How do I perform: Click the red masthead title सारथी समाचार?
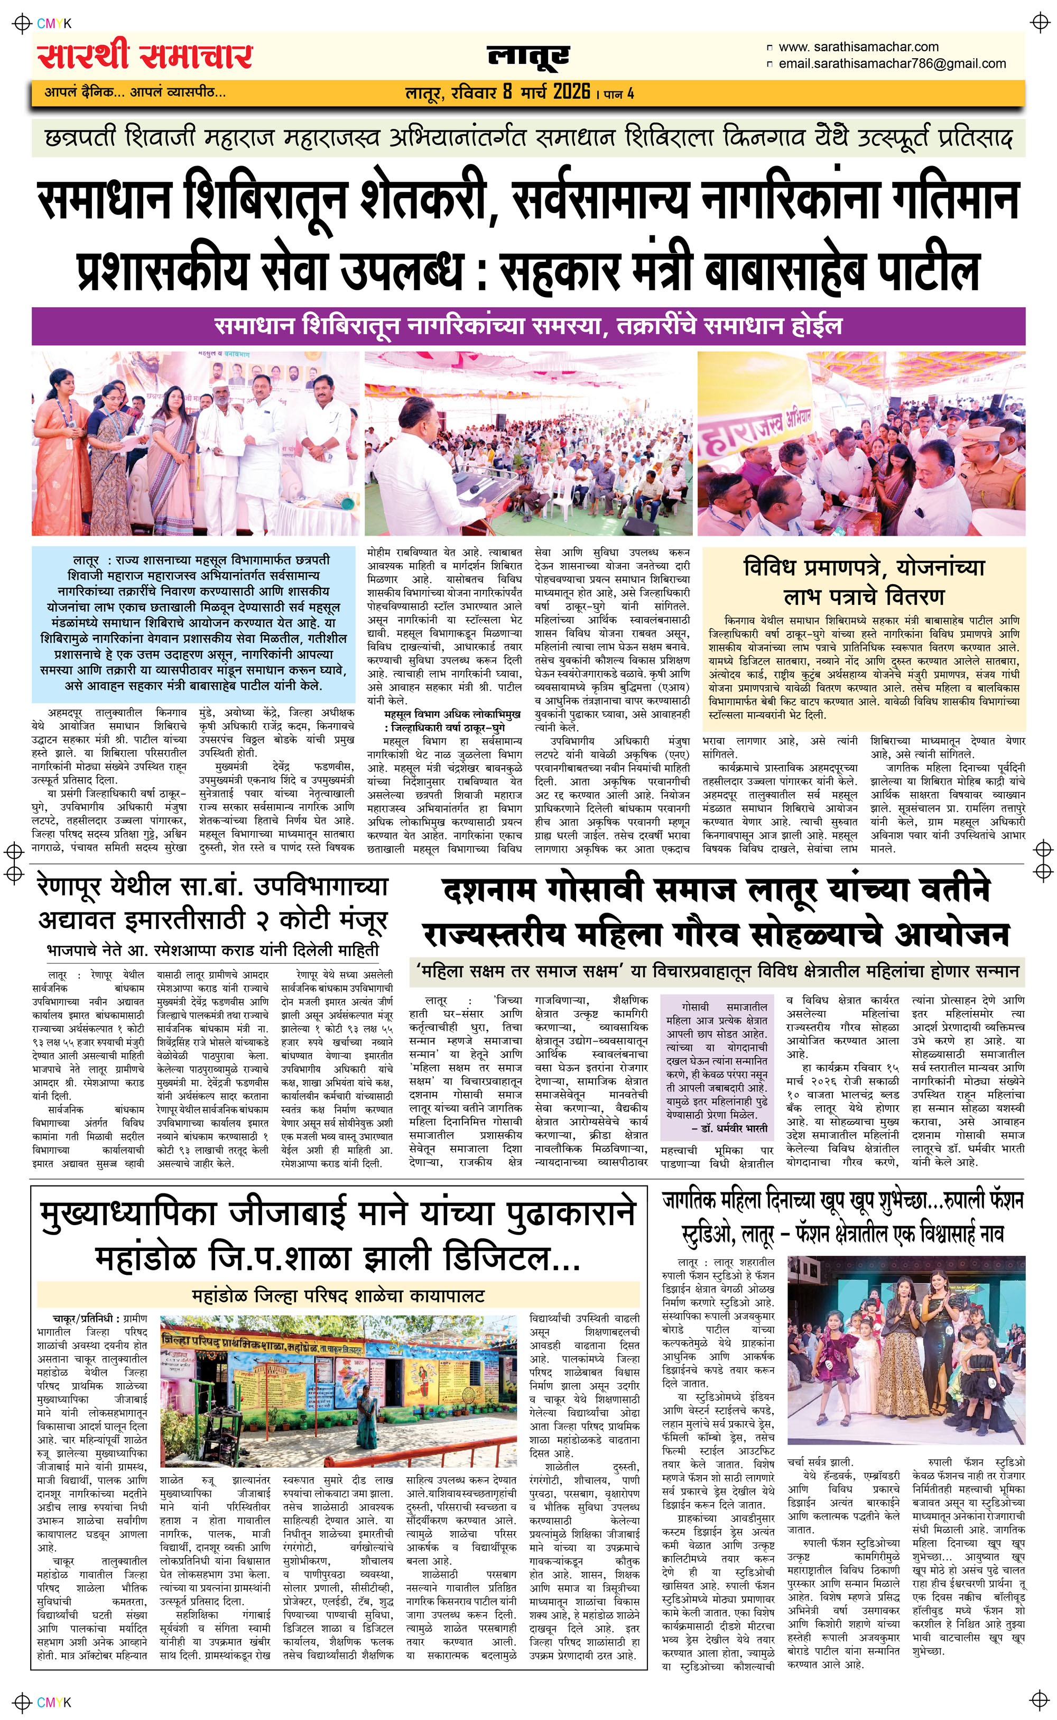coord(145,57)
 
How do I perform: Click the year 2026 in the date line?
coord(571,91)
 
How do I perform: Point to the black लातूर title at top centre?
coord(528,56)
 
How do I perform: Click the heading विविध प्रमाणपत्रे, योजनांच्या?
coord(864,566)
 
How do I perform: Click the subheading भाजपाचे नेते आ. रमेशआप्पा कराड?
coord(212,950)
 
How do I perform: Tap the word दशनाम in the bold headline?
coord(489,891)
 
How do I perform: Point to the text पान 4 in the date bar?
coord(619,93)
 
